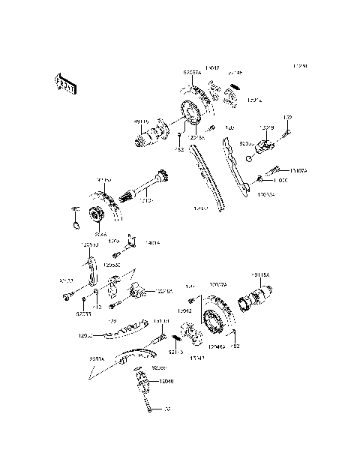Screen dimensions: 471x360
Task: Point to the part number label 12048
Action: [165, 381]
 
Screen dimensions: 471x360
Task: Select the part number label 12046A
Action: [217, 347]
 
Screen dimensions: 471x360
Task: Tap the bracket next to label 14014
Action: [130, 241]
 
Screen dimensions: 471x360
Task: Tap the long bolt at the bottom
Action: [154, 406]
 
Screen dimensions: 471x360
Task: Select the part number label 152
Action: [179, 149]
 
